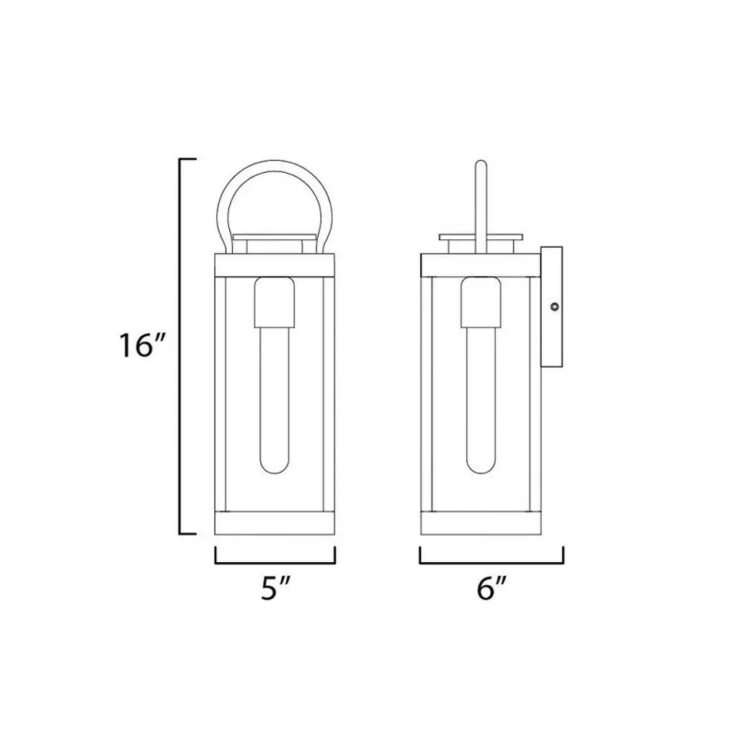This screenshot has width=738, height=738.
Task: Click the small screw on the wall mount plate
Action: click(555, 307)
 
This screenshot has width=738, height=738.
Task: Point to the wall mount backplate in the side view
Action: click(551, 307)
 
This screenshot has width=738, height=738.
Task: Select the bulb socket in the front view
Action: click(275, 302)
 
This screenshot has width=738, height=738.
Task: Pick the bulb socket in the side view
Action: click(481, 302)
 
